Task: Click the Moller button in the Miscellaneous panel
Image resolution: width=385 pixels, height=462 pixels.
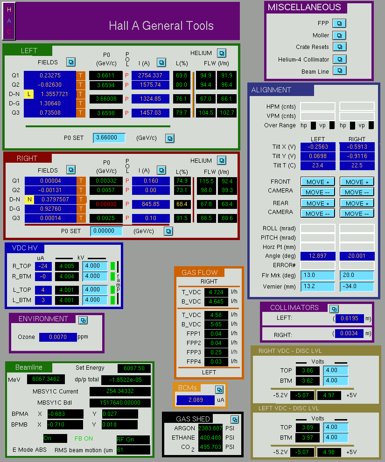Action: (x=339, y=35)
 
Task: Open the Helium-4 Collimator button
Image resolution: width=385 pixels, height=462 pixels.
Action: (x=340, y=59)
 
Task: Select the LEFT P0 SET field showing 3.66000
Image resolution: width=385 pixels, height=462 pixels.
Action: (x=109, y=138)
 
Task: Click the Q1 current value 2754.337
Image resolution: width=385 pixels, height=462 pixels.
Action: (x=150, y=76)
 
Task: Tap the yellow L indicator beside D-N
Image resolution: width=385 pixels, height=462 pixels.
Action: (x=28, y=94)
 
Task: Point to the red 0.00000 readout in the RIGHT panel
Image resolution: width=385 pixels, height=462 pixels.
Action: (x=106, y=204)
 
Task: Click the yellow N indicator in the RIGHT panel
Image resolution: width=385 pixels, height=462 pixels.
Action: (x=29, y=200)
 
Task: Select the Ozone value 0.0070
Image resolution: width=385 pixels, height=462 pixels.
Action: (x=58, y=337)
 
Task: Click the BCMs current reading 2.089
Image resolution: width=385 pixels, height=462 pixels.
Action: (x=196, y=400)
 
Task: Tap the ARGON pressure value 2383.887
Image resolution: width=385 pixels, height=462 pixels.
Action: (x=210, y=428)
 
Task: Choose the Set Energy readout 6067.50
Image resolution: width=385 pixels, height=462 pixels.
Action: (x=134, y=368)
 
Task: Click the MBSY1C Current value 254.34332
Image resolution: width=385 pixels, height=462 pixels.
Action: (x=120, y=391)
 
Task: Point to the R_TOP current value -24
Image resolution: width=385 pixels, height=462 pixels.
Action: (x=43, y=266)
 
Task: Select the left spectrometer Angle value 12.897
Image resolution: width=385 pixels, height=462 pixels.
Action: (x=318, y=256)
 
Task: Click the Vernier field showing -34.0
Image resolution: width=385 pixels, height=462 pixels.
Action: (x=357, y=286)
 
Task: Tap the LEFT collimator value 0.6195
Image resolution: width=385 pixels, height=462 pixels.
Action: (x=350, y=318)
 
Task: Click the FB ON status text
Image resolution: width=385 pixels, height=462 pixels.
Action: (x=84, y=439)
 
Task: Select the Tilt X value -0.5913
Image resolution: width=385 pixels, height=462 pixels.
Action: (x=357, y=147)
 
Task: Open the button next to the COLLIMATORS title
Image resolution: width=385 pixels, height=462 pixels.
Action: (x=334, y=309)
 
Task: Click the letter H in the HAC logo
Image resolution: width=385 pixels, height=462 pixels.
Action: (x=9, y=10)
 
